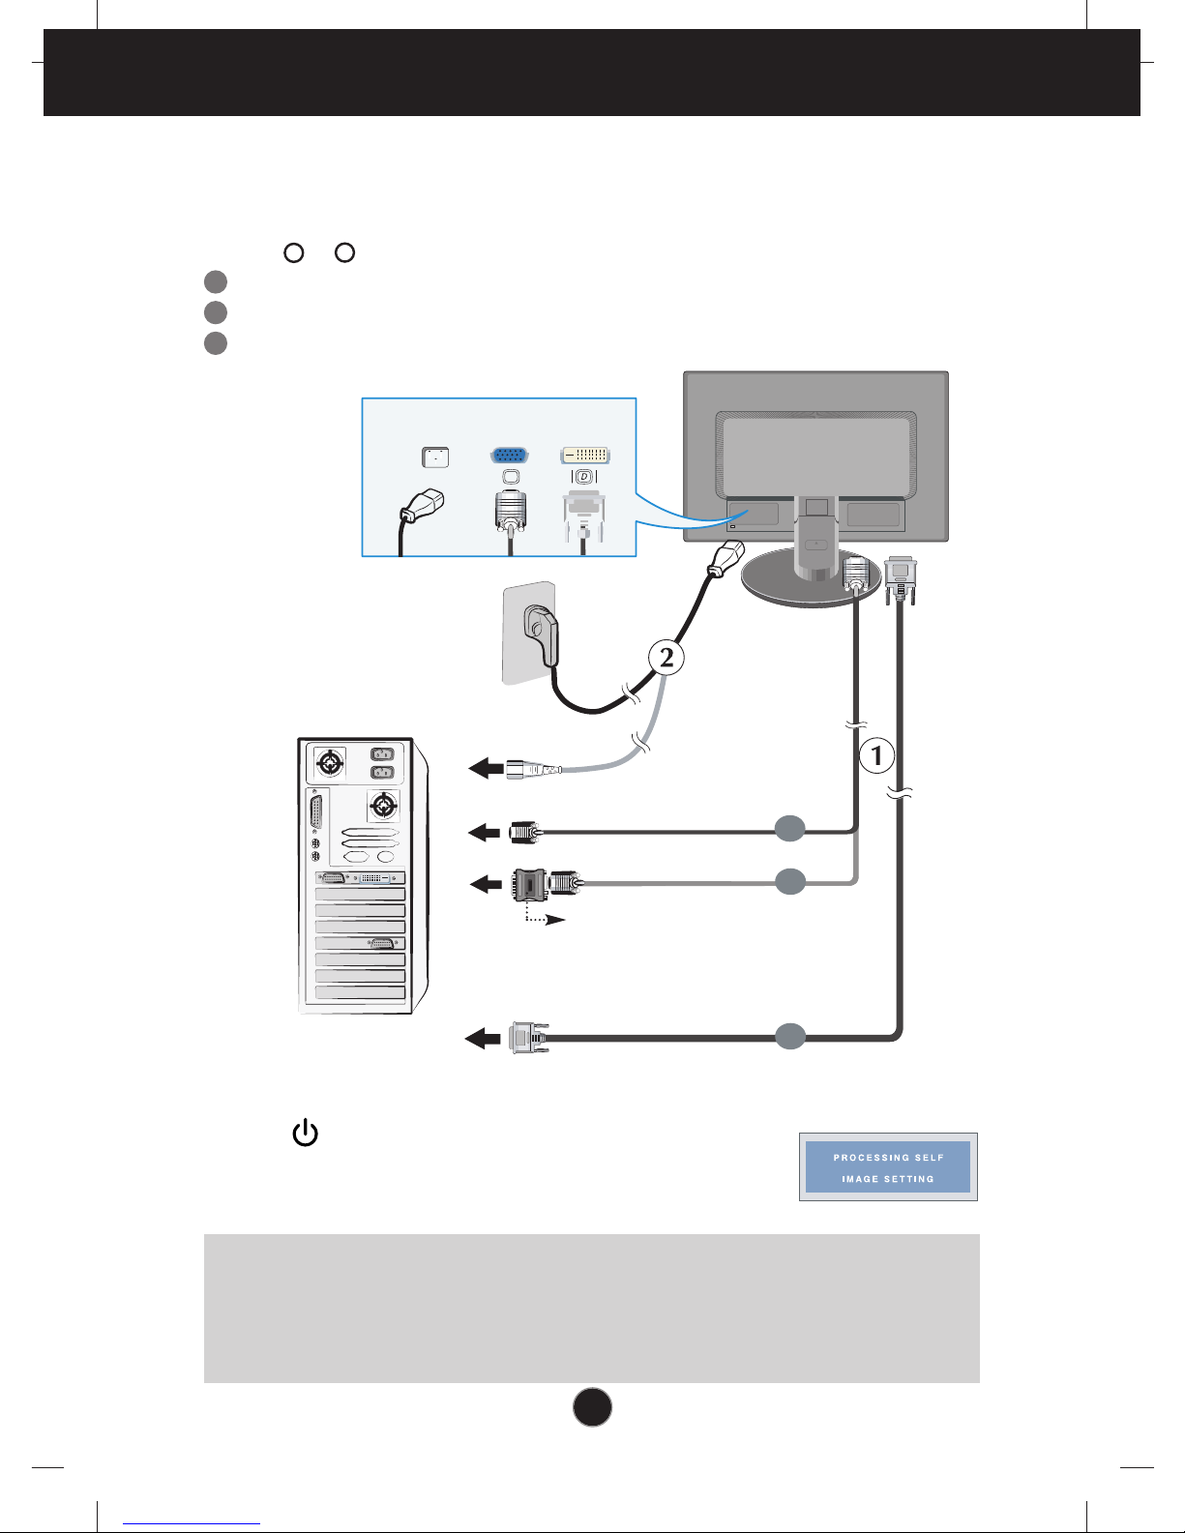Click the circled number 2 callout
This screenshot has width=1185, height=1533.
coord(666,658)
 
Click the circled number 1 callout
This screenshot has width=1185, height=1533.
coord(876,755)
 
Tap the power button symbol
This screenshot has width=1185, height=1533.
coord(306,1133)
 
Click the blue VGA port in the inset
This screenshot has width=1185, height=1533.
coord(509,455)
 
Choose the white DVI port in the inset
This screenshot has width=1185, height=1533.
coord(584,455)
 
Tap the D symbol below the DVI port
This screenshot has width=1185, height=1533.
coord(584,477)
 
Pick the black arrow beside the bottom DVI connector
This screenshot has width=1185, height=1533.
coord(483,1039)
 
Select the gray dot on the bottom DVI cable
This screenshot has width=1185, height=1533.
coord(790,1036)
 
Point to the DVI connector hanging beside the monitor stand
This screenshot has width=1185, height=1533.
coord(901,579)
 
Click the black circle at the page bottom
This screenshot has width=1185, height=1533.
coord(592,1407)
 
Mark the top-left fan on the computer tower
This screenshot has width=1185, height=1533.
coord(330,762)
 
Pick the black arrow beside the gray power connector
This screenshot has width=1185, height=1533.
coord(487,768)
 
